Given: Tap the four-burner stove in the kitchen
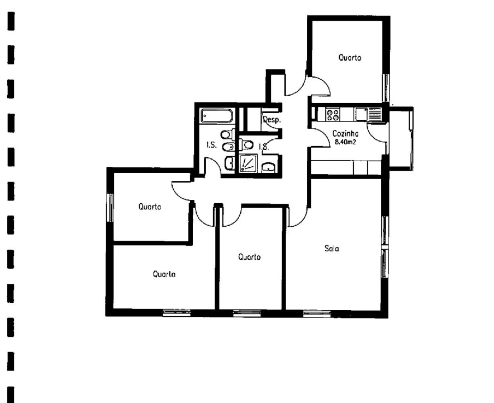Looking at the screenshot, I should [332, 115].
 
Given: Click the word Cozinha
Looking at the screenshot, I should [345, 134].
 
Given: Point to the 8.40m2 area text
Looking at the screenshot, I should [345, 142].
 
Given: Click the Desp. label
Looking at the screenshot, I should [271, 120].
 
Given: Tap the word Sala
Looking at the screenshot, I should [332, 248].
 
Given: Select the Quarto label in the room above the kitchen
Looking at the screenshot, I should [350, 58].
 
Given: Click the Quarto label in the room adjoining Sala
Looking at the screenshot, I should [249, 257].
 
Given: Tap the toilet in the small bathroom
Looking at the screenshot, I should [248, 146].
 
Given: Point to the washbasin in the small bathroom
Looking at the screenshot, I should [269, 167].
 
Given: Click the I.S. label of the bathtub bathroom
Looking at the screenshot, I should [211, 146].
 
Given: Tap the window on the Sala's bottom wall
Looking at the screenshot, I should [317, 313].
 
